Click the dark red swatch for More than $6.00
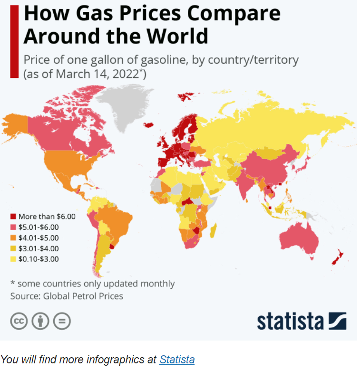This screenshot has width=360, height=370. [13, 217]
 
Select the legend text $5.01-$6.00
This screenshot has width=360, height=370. [39, 227]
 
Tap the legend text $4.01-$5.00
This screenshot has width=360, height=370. [39, 237]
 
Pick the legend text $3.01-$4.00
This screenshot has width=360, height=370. [39, 248]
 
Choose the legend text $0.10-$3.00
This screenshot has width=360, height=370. [39, 259]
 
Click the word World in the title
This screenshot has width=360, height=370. [177, 36]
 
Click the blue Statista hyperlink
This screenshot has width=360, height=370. [177, 360]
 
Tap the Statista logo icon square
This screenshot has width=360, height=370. [338, 321]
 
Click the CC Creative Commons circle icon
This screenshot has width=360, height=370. [19, 321]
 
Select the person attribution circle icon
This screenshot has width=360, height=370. [40, 321]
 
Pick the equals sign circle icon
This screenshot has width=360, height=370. [62, 321]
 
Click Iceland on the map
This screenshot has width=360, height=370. [148, 125]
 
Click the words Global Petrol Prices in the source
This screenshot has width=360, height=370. [83, 296]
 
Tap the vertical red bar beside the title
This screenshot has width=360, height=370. [14, 41]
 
